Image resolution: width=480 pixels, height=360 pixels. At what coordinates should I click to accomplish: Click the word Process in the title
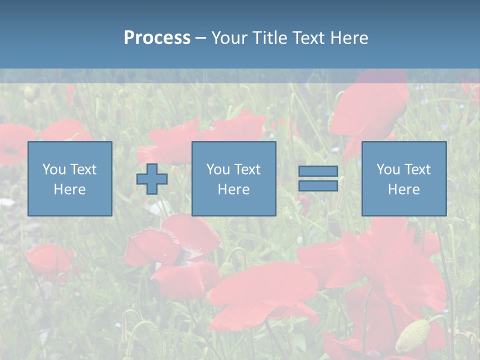pos(157,38)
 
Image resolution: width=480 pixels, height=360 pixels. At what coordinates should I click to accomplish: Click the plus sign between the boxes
pos(152,179)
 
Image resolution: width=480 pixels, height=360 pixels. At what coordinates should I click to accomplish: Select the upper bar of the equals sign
pos(318,171)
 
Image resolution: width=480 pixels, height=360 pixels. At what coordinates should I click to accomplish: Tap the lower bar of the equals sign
pos(318,185)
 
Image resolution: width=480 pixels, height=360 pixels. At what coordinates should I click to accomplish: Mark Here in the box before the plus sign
pos(69,189)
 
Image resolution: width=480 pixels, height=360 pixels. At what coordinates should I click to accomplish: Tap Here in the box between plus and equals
pos(233,189)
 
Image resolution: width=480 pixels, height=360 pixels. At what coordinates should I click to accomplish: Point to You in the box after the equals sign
pos(388,169)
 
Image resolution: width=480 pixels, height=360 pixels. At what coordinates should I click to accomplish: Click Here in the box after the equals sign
pos(403,189)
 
